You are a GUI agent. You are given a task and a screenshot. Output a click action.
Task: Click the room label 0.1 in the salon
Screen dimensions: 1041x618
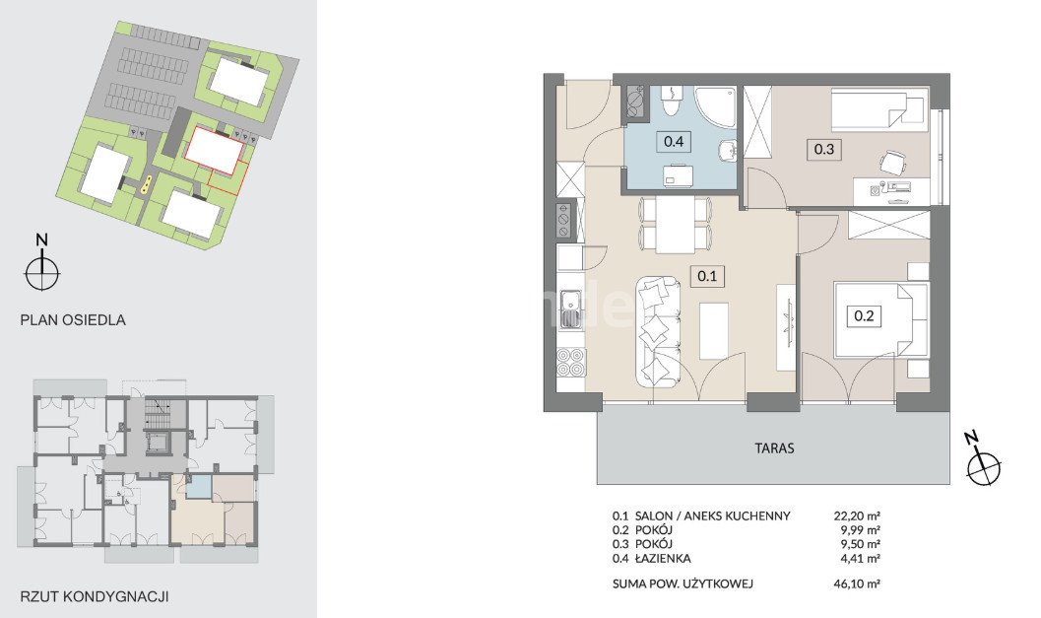707,276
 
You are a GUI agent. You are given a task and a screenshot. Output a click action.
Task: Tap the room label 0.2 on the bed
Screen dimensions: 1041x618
863,315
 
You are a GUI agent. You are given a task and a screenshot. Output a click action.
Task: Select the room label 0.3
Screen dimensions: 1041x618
824,149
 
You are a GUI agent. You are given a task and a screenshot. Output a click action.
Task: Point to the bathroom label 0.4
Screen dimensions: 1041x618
674,141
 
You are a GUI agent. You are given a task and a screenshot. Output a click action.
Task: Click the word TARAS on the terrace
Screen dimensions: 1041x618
774,447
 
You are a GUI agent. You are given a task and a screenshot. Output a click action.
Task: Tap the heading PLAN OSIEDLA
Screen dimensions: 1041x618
73,319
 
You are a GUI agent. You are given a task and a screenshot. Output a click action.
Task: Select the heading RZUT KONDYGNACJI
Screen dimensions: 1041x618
95,596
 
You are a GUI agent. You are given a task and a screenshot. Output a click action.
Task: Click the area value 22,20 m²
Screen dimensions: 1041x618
857,515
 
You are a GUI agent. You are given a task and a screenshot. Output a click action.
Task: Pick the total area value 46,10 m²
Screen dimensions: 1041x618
857,584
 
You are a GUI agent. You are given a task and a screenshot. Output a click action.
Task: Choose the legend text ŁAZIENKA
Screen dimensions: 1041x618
663,558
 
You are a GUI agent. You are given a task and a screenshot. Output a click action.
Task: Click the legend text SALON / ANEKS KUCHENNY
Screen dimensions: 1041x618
712,515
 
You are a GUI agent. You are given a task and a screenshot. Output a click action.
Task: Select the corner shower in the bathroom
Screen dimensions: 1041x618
716,107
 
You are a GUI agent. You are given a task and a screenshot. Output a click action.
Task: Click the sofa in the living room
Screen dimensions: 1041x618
659,331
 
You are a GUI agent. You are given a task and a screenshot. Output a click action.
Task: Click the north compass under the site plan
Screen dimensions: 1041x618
42,272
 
